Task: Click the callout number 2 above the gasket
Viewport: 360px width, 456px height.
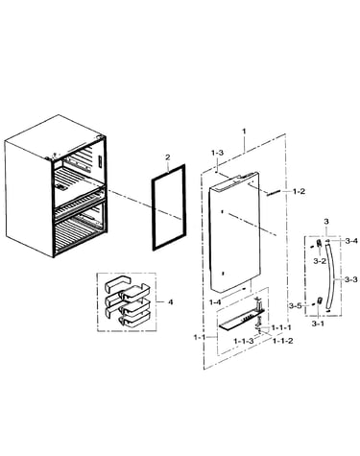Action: (168, 157)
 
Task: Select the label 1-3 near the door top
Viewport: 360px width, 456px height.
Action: (217, 153)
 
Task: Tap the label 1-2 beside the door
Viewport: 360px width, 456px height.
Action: (299, 192)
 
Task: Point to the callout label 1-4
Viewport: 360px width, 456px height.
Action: (215, 302)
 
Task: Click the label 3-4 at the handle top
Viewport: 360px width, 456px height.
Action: (351, 241)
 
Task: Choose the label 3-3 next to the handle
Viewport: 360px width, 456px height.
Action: (351, 279)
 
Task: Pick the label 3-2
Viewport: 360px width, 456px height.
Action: (320, 261)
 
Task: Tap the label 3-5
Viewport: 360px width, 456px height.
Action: (295, 306)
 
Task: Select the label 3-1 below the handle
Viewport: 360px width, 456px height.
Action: (318, 324)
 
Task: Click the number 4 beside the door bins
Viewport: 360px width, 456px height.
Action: (170, 301)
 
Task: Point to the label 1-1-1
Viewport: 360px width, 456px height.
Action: (281, 327)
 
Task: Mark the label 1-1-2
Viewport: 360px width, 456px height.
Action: (282, 341)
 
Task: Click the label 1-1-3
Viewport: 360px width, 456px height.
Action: (244, 341)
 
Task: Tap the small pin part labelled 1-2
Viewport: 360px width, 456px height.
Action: (275, 192)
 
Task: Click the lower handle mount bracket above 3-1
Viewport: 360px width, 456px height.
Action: (320, 300)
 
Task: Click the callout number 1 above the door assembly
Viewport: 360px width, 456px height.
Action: (244, 132)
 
